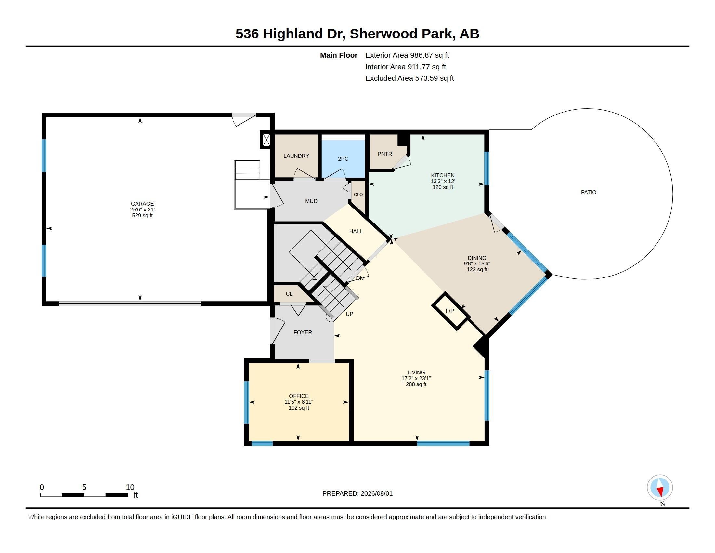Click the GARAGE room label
(x=142, y=203)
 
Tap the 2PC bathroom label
(x=343, y=158)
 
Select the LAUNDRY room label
(x=296, y=156)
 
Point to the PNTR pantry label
(x=385, y=154)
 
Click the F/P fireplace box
(x=451, y=311)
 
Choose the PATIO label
(x=589, y=192)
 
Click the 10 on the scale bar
(x=130, y=487)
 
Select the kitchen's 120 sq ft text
(x=443, y=187)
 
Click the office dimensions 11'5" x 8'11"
(x=299, y=402)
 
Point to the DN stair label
(x=360, y=278)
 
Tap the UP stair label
(x=349, y=314)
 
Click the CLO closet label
(x=358, y=194)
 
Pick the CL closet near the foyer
(x=289, y=294)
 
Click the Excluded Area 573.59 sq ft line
(x=409, y=78)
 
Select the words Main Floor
(x=339, y=55)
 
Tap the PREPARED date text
(x=357, y=493)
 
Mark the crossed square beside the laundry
(x=266, y=140)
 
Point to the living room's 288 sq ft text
(x=416, y=384)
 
